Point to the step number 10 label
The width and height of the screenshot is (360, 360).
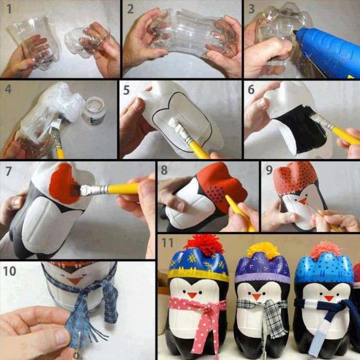pos(10,271)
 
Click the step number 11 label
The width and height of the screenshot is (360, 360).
pos(168,241)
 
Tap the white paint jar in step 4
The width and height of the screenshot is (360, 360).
pos(94,110)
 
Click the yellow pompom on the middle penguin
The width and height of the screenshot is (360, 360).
pos(263,250)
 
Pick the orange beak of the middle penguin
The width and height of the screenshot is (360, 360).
pos(256,296)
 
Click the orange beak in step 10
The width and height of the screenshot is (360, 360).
pos(75,281)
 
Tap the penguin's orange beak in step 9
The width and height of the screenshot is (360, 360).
pos(303,199)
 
